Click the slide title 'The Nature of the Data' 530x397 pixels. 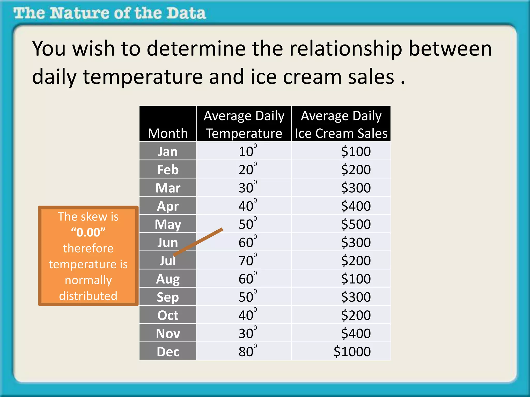110,13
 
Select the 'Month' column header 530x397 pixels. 168,133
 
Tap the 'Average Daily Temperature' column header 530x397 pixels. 244,124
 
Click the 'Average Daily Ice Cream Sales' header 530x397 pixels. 341,124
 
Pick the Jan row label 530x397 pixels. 168,151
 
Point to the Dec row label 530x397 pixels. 168,352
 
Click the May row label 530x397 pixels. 168,224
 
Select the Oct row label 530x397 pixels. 168,315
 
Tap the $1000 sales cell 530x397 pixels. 352,352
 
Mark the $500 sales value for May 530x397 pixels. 356,224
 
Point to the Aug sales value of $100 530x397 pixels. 356,279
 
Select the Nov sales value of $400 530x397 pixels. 356,333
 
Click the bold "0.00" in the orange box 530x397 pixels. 88,232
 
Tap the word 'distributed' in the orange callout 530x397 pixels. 88,296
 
